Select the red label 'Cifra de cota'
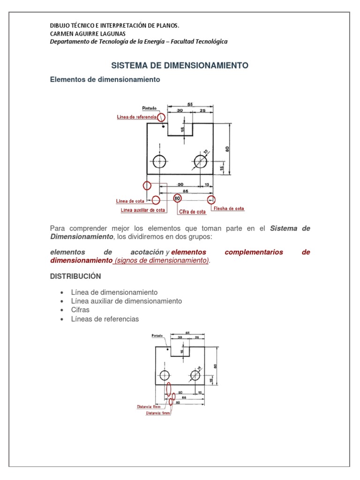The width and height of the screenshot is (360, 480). click(x=192, y=212)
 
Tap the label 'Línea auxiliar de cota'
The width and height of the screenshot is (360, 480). click(x=143, y=210)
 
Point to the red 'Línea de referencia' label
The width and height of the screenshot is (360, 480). click(x=136, y=117)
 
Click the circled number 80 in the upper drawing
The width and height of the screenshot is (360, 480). click(x=177, y=198)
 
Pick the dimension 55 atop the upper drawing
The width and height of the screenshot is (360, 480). click(x=190, y=105)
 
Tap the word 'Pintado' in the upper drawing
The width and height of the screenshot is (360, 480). click(x=150, y=108)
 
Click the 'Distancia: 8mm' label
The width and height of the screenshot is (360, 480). click(x=149, y=407)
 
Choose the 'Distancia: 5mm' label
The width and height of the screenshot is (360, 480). click(x=158, y=413)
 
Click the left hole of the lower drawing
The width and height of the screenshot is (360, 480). click(x=165, y=375)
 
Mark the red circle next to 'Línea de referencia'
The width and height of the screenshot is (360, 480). click(x=161, y=117)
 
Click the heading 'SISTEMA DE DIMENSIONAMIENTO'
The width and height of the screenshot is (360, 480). click(x=180, y=66)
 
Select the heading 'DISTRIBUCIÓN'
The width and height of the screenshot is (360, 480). click(x=75, y=276)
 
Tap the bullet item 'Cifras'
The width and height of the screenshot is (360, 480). click(x=80, y=310)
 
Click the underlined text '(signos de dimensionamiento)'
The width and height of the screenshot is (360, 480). click(x=162, y=261)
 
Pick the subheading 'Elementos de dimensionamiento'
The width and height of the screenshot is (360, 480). click(x=105, y=80)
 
